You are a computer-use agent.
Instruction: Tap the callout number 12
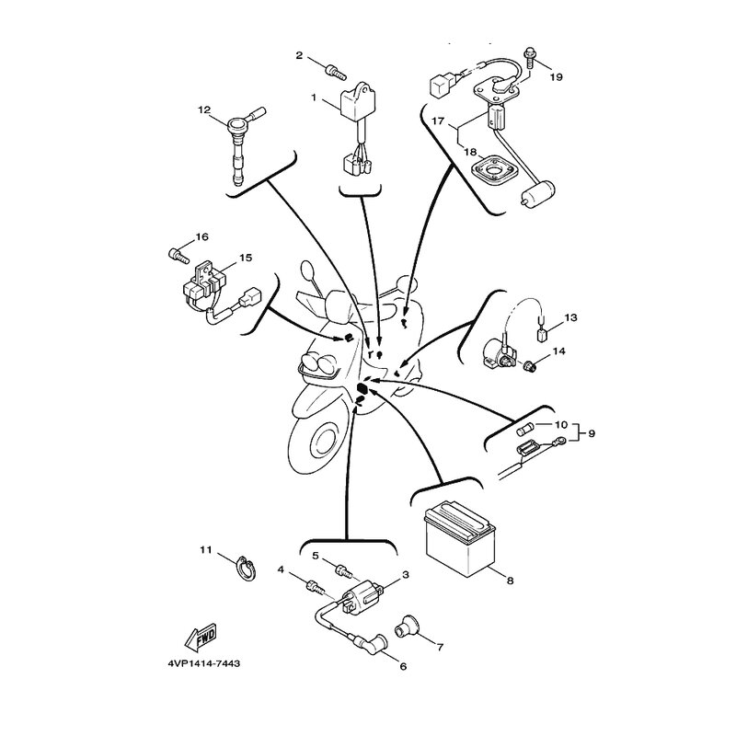[x=204, y=109]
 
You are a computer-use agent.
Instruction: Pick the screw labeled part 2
[x=335, y=67]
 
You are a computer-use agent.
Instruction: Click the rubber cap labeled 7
[x=405, y=631]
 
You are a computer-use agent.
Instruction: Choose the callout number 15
[x=246, y=259]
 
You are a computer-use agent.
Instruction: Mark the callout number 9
[x=592, y=431]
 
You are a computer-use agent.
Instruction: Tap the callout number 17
[x=439, y=121]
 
